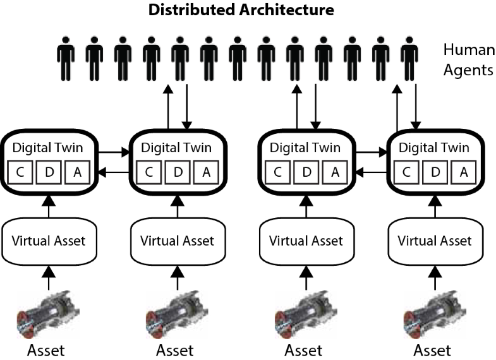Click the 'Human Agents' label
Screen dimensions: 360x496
(x=468, y=59)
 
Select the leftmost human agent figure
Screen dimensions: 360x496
(x=65, y=58)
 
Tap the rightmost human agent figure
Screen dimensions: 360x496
(x=409, y=58)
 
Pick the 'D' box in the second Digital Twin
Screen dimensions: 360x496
(x=178, y=171)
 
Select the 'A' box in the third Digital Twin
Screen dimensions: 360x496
(x=336, y=171)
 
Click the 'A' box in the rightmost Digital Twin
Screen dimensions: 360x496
(x=464, y=171)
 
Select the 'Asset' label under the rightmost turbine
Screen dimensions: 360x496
(x=433, y=349)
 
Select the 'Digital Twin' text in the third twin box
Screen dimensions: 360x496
(x=304, y=148)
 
